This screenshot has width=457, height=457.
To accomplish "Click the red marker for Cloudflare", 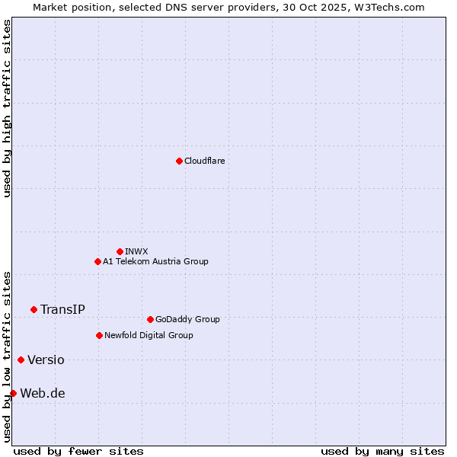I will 179,161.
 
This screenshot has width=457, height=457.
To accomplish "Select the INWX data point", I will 120,251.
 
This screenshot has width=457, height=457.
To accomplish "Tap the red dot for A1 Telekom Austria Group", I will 97,261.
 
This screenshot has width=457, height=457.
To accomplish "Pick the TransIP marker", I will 34,309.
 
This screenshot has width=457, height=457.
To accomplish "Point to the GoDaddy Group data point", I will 150,319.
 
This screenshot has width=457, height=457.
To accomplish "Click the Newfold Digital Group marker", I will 100,335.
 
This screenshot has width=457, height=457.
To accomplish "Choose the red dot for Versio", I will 21,360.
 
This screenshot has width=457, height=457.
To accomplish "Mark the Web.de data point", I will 13,393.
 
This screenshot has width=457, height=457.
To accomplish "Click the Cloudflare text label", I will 204,161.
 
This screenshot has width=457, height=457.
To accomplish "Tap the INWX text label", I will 136,251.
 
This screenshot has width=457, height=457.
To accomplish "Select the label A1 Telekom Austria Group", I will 155,261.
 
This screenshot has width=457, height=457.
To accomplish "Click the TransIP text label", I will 62,309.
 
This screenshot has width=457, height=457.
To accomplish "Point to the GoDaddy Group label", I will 187,319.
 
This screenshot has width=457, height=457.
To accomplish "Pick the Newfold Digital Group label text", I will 149,335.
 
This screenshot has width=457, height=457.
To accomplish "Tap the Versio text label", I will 46,360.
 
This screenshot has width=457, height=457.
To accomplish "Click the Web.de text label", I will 43,393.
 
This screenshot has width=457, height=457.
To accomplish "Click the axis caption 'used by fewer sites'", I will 78,451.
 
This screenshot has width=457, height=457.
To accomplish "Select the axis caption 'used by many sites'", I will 382,451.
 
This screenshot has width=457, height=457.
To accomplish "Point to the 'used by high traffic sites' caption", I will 7,108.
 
